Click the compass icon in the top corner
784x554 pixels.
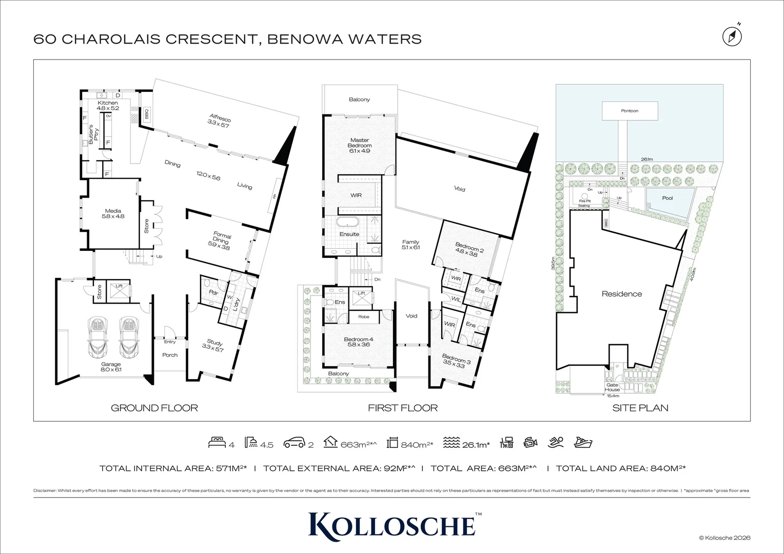pyautogui.click(x=732, y=36)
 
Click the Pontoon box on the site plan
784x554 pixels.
pyautogui.click(x=630, y=111)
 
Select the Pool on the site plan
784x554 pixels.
pyautogui.click(x=668, y=198)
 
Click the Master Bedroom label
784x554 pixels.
pyautogui.click(x=360, y=145)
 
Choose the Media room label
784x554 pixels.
pyautogui.click(x=113, y=213)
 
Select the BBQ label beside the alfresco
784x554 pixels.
pyautogui.click(x=146, y=113)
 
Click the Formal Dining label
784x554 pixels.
pyautogui.click(x=222, y=241)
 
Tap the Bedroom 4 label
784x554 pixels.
pyautogui.click(x=359, y=342)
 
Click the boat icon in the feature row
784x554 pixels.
pyautogui.click(x=583, y=443)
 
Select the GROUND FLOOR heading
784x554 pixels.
pyautogui.click(x=154, y=408)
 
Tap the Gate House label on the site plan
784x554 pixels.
pyautogui.click(x=612, y=387)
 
